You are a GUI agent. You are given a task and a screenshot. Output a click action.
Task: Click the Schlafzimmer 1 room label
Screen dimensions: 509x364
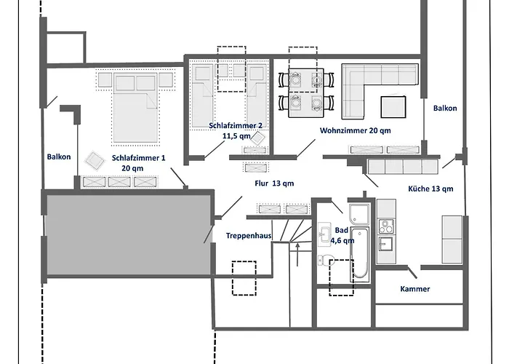139,158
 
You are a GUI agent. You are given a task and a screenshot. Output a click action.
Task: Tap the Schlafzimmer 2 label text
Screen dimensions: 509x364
236,125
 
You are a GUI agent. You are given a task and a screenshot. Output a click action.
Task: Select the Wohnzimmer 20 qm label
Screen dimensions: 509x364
355,130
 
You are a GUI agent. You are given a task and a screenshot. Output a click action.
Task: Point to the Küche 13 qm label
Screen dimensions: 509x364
430,189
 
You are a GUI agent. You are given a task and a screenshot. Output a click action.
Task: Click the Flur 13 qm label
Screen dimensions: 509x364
274,183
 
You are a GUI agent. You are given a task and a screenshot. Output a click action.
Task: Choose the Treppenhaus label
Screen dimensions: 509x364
249,236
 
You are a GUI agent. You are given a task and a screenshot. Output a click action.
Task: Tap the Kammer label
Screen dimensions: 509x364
415,289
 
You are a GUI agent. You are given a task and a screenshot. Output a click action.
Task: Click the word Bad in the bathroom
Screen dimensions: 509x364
342,231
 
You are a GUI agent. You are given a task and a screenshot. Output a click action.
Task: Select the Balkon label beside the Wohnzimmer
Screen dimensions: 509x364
445,108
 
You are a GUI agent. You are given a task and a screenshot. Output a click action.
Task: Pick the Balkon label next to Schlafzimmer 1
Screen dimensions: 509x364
59,157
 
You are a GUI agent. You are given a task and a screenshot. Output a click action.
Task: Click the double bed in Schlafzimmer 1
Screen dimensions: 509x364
136,108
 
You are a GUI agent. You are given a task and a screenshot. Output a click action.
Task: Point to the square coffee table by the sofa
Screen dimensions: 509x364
393,106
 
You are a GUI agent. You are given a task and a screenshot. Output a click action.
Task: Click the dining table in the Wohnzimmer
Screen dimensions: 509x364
306,93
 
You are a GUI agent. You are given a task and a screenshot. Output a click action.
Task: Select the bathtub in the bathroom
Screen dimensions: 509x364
360,252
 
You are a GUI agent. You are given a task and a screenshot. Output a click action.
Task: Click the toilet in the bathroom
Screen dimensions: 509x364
326,261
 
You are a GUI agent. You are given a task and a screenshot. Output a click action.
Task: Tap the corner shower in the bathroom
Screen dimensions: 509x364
359,214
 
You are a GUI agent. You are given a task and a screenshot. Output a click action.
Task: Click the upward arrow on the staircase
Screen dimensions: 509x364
297,255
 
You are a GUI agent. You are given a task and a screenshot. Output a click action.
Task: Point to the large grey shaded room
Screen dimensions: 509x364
129,234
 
